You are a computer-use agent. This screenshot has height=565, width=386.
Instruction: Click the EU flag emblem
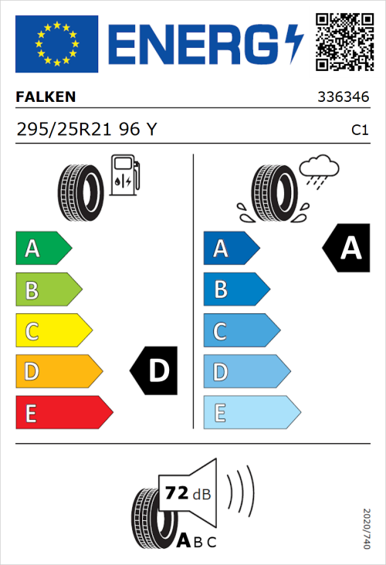[56, 44]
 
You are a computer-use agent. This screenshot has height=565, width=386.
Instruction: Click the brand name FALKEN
[46, 98]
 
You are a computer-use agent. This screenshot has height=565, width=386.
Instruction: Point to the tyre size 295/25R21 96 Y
[86, 130]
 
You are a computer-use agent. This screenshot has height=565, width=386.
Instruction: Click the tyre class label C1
[359, 130]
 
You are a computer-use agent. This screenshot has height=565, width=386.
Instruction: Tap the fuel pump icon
[124, 176]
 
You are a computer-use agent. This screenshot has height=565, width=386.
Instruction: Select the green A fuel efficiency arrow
[43, 249]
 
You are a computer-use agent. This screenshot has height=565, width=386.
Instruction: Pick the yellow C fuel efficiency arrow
[53, 331]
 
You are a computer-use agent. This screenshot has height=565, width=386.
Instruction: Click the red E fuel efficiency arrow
[63, 413]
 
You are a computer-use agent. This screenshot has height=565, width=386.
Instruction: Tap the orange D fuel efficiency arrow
[59, 372]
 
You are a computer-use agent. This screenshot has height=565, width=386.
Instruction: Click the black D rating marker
[157, 371]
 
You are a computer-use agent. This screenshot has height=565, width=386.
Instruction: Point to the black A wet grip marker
[349, 249]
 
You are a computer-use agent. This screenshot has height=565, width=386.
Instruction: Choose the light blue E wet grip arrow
[251, 413]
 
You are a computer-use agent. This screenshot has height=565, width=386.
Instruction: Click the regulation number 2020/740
[367, 528]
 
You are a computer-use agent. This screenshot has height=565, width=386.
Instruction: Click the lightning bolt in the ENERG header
[294, 44]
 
